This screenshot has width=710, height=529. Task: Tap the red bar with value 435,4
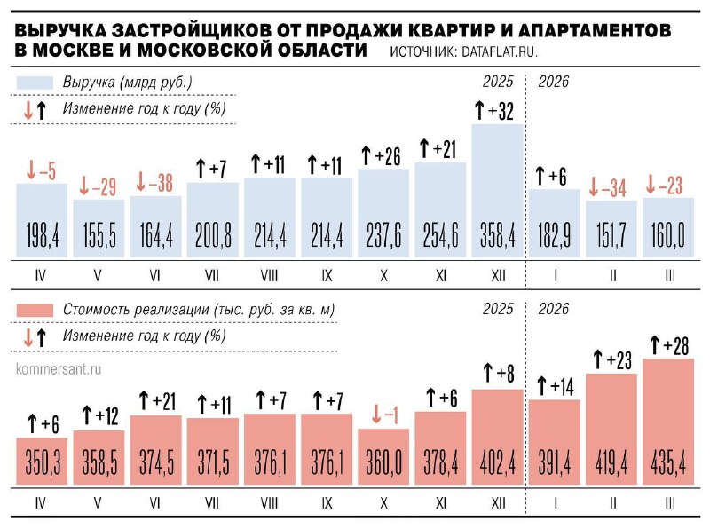[668, 435]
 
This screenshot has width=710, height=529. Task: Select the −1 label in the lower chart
[383, 415]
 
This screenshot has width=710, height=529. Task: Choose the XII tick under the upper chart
[498, 276]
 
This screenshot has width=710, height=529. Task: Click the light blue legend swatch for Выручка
[35, 83]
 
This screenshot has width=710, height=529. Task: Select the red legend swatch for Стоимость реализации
[35, 310]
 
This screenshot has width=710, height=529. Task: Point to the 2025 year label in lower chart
[498, 309]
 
